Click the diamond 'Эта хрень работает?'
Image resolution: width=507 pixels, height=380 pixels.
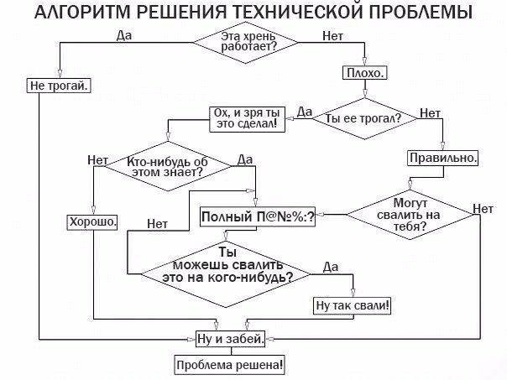[x=249, y=43]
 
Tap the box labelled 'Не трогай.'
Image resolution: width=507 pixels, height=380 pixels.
[x=60, y=85]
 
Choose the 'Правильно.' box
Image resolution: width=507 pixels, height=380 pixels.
[x=444, y=157]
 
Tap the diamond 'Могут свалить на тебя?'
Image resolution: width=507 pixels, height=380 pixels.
[x=410, y=215]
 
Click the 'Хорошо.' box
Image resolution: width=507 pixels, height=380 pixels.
[x=92, y=221]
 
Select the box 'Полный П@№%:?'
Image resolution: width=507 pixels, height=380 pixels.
[x=258, y=217]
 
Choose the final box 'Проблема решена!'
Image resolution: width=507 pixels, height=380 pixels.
[x=229, y=365]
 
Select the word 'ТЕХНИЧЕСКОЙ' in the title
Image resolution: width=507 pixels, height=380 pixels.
[x=290, y=13]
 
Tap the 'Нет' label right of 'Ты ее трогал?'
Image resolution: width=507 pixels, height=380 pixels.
[x=430, y=112]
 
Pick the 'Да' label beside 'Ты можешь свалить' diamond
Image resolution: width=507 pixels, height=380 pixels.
[x=330, y=267]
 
